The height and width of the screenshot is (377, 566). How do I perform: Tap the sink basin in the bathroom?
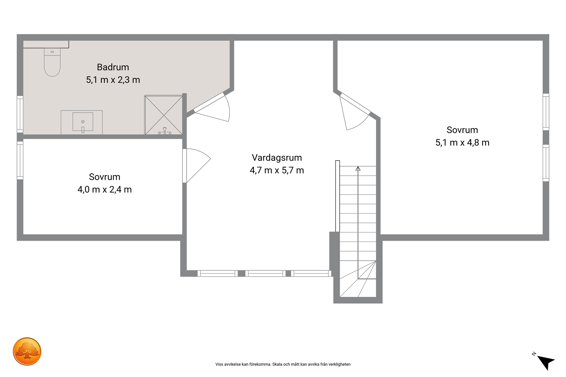pyautogui.click(x=83, y=122)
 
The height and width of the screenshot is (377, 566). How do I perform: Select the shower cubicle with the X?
pyautogui.click(x=163, y=115)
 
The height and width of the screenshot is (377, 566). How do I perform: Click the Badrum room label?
pyautogui.click(x=113, y=67)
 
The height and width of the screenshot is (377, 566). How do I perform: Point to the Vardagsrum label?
pyautogui.click(x=277, y=158)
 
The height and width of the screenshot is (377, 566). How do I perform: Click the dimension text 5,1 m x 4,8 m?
pyautogui.click(x=462, y=143)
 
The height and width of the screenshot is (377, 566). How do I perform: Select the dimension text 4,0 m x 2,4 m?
pyautogui.click(x=104, y=190)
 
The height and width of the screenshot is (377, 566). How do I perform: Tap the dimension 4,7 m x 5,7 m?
pyautogui.click(x=277, y=170)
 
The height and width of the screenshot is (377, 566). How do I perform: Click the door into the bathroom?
pyautogui.click(x=212, y=108)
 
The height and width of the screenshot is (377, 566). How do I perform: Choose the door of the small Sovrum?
pyautogui.click(x=197, y=165)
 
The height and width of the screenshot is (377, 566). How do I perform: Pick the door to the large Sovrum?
pyautogui.click(x=355, y=111)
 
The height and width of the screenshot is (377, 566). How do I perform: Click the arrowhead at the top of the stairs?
pyautogui.click(x=358, y=168)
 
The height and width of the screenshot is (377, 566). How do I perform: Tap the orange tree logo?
pyautogui.click(x=27, y=351)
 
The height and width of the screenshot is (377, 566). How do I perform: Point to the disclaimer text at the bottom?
pyautogui.click(x=283, y=364)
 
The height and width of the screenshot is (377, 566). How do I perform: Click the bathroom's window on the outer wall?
pyautogui.click(x=20, y=114)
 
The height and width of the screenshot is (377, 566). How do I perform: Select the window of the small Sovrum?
pyautogui.click(x=20, y=160)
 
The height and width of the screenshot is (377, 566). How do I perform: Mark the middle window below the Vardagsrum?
pyautogui.click(x=265, y=273)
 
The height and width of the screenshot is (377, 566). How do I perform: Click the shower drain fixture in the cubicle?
pyautogui.click(x=164, y=131)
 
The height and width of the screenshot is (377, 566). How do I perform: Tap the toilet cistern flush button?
pyautogui.click(x=52, y=52)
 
